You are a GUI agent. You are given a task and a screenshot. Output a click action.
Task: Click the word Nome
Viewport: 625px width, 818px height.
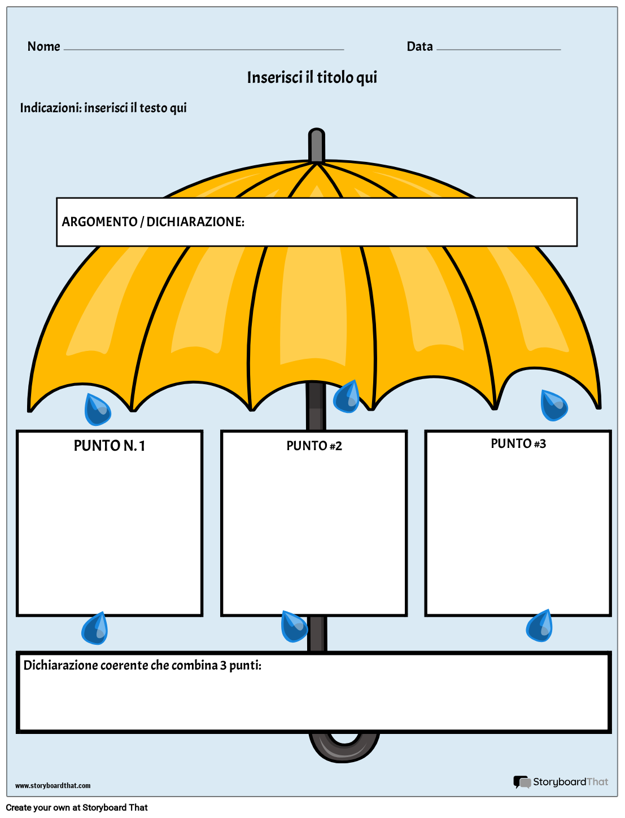[43, 46]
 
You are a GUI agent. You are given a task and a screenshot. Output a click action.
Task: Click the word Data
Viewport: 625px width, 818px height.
[419, 46]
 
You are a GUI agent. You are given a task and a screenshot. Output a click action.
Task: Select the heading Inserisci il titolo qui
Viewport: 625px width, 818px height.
[312, 77]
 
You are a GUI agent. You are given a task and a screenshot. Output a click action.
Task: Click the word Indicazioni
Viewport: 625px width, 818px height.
[50, 108]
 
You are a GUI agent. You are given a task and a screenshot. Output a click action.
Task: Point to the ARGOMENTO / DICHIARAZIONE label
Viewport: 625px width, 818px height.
[153, 222]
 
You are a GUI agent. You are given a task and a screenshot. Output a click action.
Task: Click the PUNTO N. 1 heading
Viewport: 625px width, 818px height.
[110, 446]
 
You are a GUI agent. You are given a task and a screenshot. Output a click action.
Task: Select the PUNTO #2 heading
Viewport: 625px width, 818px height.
[314, 446]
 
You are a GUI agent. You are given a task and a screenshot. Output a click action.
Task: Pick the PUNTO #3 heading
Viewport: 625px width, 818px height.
[518, 444]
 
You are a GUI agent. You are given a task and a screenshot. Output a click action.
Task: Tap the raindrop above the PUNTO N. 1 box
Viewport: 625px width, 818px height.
[97, 410]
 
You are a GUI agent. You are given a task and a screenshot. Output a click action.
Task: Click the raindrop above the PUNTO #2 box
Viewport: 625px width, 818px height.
[347, 397]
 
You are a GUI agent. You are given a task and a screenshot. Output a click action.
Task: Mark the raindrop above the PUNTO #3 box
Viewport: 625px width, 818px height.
[553, 406]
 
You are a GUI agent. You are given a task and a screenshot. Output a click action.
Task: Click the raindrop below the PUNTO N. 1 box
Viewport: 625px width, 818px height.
[95, 628]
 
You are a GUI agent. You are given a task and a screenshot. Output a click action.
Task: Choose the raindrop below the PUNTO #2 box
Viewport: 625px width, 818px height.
[294, 627]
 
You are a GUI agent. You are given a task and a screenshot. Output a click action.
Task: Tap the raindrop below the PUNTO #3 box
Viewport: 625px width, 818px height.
[540, 626]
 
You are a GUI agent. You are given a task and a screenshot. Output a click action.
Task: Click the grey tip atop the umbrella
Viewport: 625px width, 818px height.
[317, 146]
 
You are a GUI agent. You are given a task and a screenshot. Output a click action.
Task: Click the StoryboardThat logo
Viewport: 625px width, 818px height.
[561, 782]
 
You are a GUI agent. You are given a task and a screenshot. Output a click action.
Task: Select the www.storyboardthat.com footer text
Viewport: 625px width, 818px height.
[53, 785]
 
